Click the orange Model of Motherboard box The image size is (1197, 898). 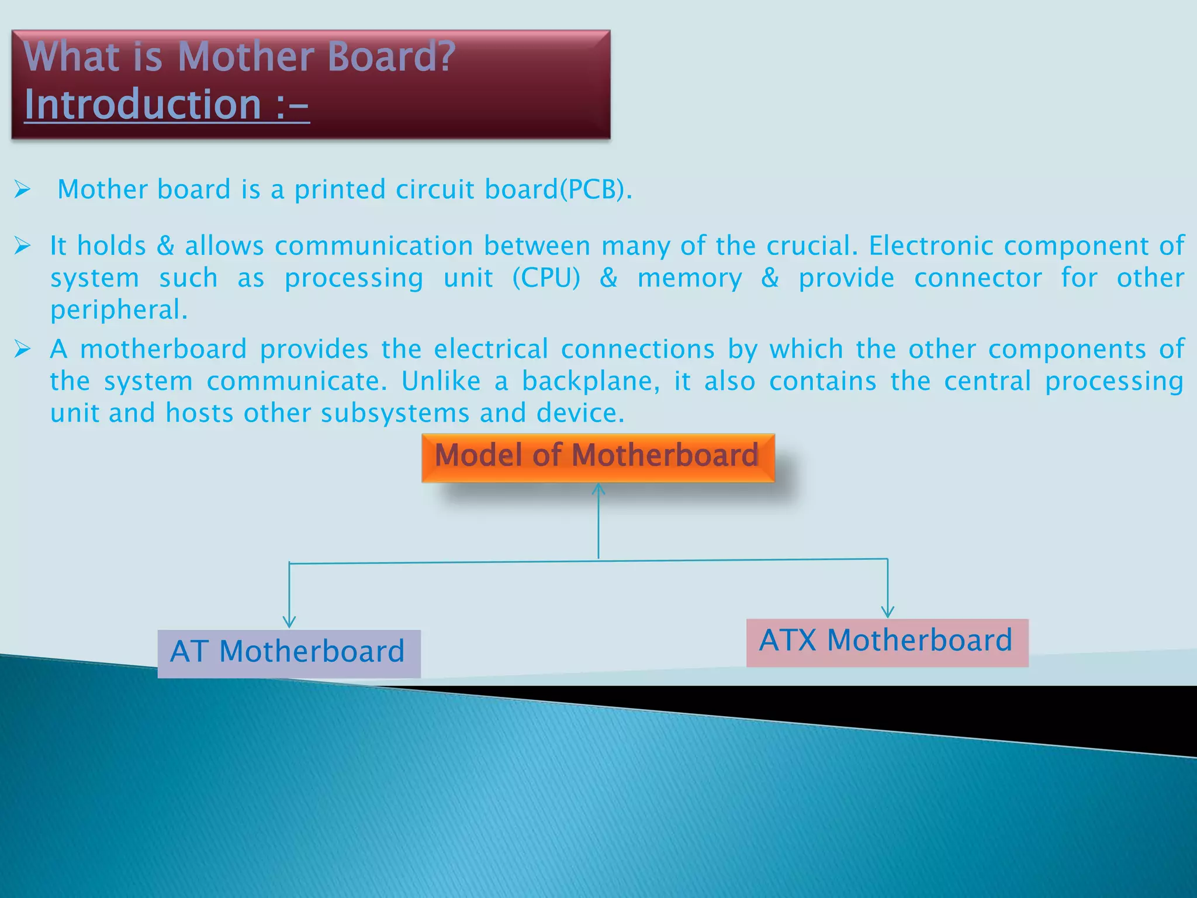click(x=598, y=457)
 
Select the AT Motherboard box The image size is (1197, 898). click(x=289, y=653)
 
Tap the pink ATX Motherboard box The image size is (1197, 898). click(x=887, y=642)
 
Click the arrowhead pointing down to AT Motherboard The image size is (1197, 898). click(x=289, y=621)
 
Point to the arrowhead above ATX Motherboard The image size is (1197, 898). click(x=887, y=612)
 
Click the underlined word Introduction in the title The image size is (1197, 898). click(x=143, y=105)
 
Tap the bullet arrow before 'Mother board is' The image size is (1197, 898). click(x=22, y=189)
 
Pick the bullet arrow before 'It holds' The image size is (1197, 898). click(x=22, y=246)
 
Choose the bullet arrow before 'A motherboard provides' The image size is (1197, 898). click(x=22, y=349)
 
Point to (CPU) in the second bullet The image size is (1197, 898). click(x=546, y=278)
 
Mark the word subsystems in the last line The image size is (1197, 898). click(x=395, y=413)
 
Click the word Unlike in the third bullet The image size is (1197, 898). click(x=441, y=382)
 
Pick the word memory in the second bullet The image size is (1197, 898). click(x=690, y=278)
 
